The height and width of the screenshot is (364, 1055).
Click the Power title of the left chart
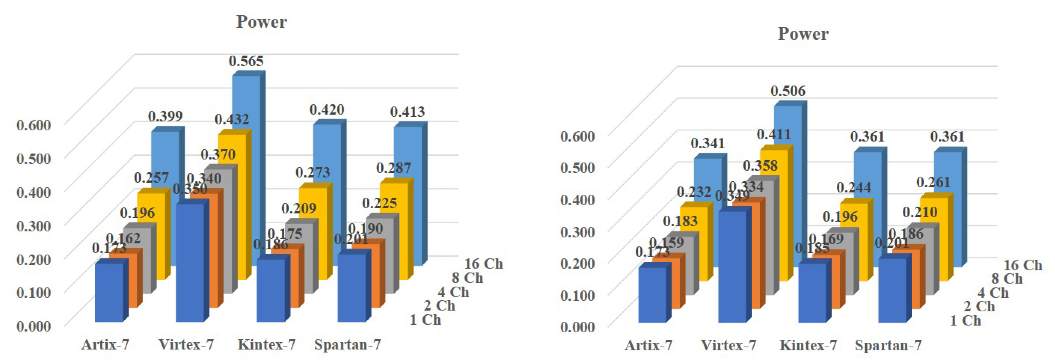(x=261, y=22)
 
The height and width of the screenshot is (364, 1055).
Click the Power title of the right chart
(x=803, y=34)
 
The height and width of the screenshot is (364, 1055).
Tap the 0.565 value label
(x=246, y=61)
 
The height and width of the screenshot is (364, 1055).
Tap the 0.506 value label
(x=788, y=91)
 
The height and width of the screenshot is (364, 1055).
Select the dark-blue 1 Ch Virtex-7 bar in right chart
(x=733, y=266)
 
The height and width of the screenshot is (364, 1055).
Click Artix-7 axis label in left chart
(x=105, y=344)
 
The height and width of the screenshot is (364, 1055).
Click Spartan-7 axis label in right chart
(x=888, y=345)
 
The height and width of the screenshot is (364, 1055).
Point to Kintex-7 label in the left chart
(x=266, y=344)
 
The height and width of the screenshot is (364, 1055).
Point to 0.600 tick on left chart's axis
(x=34, y=125)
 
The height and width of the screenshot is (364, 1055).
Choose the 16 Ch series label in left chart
(x=483, y=264)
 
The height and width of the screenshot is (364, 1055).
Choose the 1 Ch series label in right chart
(x=965, y=321)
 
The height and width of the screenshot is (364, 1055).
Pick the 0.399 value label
(x=165, y=116)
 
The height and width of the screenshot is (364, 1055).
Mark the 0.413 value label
(x=407, y=112)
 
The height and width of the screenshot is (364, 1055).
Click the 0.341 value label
(x=707, y=143)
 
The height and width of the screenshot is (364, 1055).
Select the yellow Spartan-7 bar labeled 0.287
(x=394, y=229)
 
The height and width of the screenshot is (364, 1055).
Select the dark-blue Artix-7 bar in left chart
(x=109, y=292)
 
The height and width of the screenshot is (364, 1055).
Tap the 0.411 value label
(x=773, y=134)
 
